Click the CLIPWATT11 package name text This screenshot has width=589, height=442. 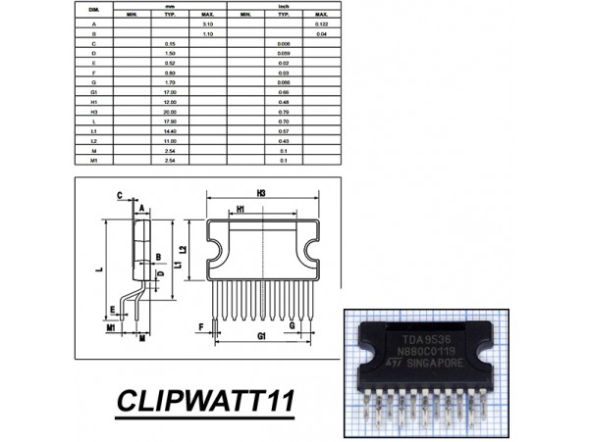210,403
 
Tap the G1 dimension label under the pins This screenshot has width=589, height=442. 262,336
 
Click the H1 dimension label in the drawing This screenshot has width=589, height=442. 241,210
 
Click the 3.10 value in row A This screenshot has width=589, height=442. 207,24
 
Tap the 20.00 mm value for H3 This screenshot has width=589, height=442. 169,111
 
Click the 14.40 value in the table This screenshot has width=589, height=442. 169,131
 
